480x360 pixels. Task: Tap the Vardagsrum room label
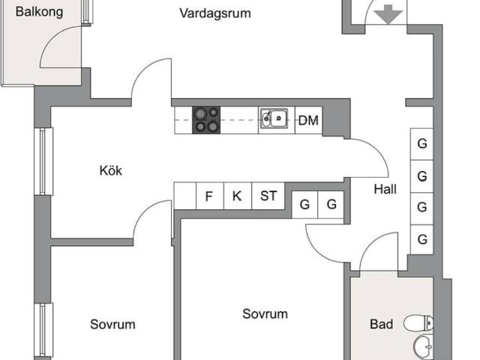215,13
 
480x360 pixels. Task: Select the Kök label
110,170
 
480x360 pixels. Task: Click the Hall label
385,190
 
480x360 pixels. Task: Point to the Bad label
381,325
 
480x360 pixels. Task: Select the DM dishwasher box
307,120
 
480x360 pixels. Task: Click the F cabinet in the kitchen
208,196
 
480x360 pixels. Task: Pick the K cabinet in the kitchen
237,196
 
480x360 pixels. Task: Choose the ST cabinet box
268,196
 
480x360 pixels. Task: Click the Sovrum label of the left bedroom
112,325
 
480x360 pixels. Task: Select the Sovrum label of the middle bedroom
265,314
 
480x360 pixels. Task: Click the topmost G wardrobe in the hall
422,143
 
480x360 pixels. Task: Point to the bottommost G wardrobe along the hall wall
422,240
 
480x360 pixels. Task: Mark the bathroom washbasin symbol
423,347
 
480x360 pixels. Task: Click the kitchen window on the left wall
46,161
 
